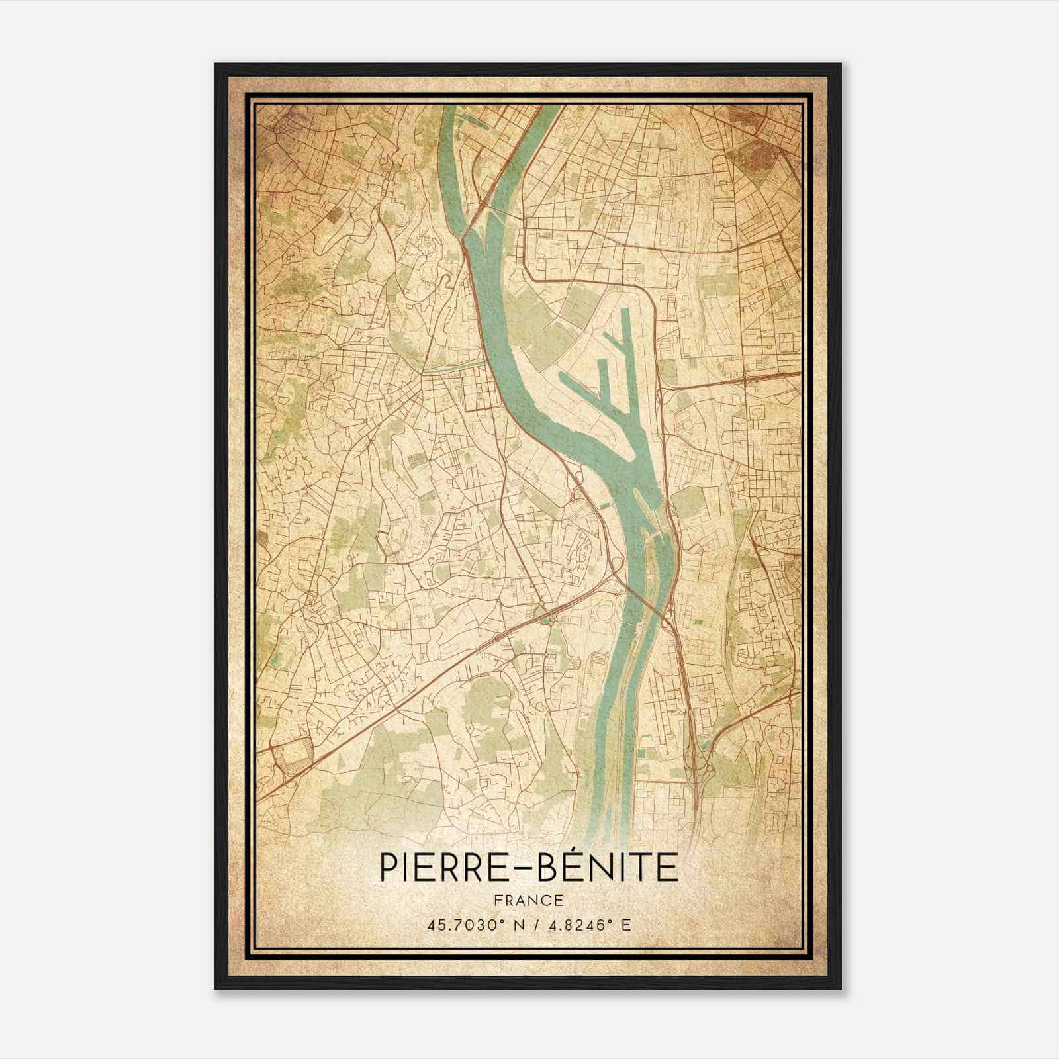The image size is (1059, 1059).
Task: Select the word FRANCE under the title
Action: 529,900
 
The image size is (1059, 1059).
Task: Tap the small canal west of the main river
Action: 457,366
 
